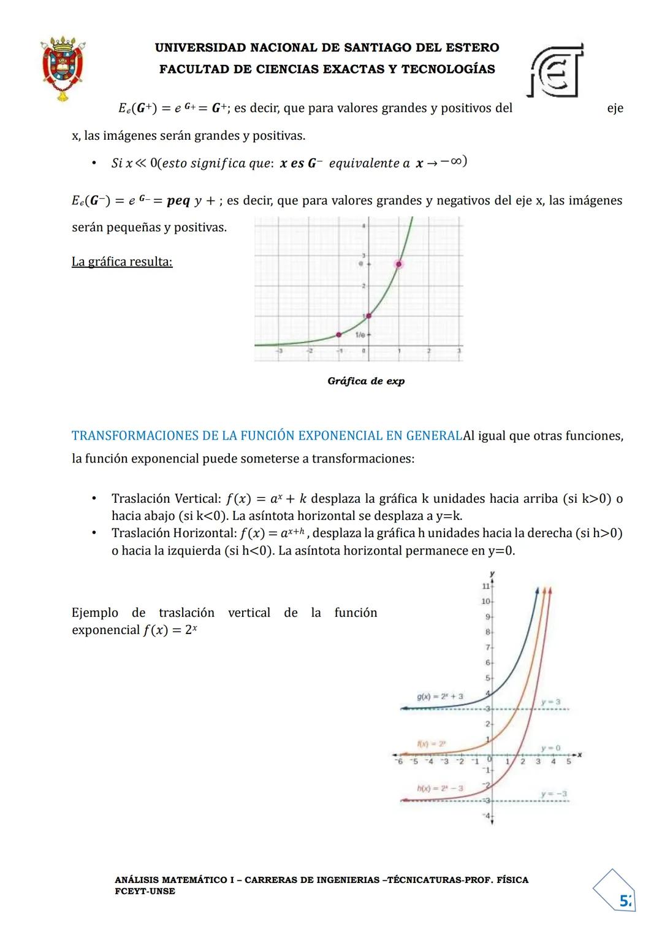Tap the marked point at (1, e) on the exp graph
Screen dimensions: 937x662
(399, 264)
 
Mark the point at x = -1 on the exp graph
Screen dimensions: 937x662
(338, 334)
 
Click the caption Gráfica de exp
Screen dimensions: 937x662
(366, 381)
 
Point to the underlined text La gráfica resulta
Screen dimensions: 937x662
(122, 262)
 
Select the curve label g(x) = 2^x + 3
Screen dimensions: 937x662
(439, 697)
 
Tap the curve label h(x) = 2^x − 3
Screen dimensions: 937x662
(439, 788)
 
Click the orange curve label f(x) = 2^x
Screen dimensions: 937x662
(431, 743)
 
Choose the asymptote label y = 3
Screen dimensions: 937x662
(550, 702)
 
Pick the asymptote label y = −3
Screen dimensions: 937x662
(554, 794)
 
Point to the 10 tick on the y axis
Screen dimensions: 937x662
(486, 601)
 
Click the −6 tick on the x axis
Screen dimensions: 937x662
(399, 762)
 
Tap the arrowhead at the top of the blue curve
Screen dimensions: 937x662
(538, 590)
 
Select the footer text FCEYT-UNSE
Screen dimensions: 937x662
(145, 891)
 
